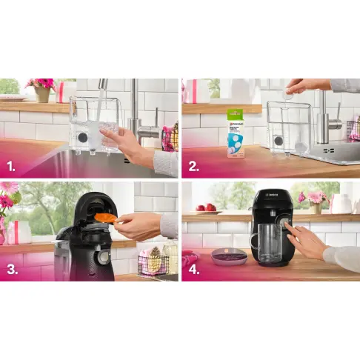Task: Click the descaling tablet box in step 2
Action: coord(236,134)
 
